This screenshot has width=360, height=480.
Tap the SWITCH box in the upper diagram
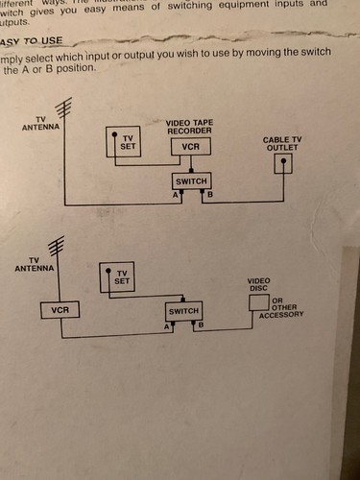tap(189, 180)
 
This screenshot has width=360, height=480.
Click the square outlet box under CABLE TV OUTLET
tap(283, 163)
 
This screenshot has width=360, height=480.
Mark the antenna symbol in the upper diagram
tap(63, 108)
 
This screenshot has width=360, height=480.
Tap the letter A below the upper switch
tap(176, 195)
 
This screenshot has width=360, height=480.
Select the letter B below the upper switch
tap(208, 195)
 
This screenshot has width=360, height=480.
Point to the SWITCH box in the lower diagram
tap(183, 311)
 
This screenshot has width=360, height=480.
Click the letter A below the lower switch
tap(167, 327)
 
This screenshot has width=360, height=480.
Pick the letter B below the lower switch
tap(202, 326)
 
